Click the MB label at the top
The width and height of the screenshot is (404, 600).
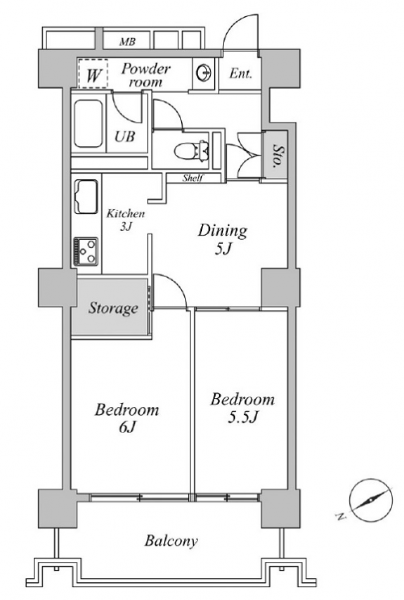coord(127,42)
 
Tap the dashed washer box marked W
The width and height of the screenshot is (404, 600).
coord(93,74)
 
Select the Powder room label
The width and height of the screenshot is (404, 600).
coord(146,75)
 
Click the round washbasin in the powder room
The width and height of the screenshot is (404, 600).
coord(204,72)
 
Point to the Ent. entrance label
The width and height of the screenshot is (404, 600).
coord(241,73)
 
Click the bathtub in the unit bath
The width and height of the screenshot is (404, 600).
coord(88,124)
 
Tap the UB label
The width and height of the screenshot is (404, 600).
coord(125,137)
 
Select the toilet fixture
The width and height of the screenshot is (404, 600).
coord(191,150)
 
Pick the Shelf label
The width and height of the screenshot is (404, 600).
coord(192,178)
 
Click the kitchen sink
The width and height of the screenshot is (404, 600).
coord(86,198)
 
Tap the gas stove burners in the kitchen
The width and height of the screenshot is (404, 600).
coord(86,251)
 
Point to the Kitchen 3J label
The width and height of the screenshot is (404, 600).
coord(125,219)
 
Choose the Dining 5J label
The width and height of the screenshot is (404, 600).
coord(222,240)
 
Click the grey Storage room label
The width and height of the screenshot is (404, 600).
coord(113,308)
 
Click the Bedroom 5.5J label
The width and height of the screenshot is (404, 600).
coord(243,408)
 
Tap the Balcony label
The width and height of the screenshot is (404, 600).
coord(171,541)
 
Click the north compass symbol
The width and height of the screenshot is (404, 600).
coord(370,500)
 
